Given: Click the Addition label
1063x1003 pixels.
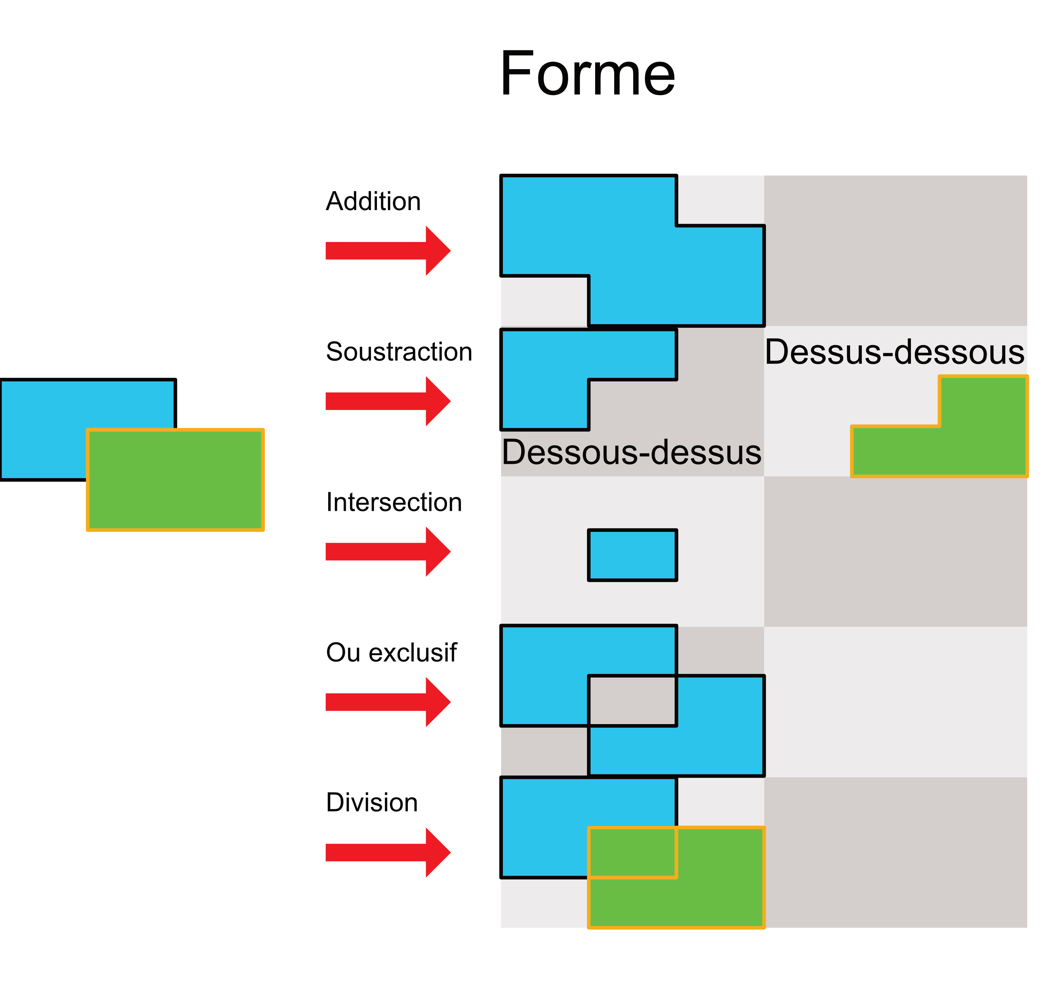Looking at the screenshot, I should [373, 202].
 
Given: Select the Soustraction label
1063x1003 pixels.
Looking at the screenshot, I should [399, 352].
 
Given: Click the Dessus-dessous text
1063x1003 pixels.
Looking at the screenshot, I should [895, 353].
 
